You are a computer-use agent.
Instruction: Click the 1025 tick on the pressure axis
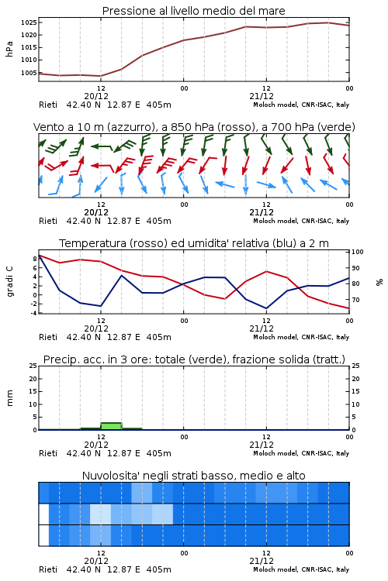(x=28, y=22)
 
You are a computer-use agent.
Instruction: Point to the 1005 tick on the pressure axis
(x=28, y=73)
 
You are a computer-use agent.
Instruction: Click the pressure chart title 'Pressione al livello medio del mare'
(x=194, y=11)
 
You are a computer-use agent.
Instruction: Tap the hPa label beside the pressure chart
(x=9, y=49)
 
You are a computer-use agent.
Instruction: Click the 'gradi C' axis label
(x=9, y=281)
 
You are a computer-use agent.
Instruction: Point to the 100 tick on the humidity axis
(x=358, y=252)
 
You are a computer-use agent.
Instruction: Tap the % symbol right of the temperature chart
(x=379, y=282)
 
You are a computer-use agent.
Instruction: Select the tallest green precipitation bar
(x=111, y=426)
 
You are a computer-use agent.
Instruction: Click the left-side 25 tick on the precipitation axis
(x=33, y=366)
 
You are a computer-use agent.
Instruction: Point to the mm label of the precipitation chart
(x=9, y=398)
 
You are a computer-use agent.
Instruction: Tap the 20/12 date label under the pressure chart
(x=96, y=96)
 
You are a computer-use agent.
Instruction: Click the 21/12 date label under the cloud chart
(x=262, y=561)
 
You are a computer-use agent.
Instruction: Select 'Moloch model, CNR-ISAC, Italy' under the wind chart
(x=301, y=221)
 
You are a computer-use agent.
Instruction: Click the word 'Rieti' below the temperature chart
(x=48, y=337)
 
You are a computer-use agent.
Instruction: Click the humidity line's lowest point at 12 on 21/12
(x=266, y=308)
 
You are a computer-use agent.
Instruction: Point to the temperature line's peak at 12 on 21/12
(x=266, y=272)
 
